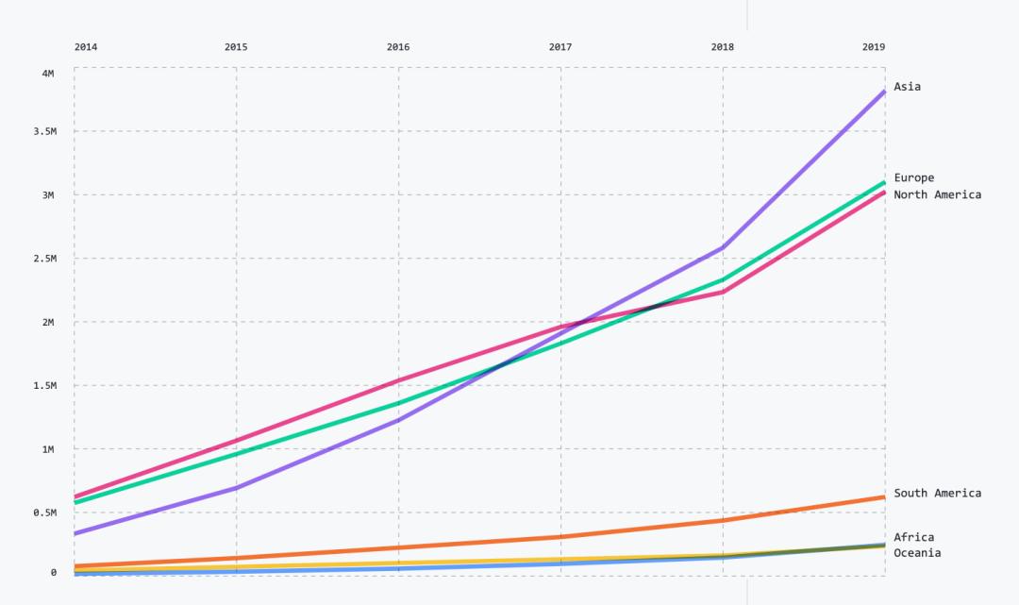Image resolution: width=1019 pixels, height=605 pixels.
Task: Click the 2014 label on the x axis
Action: tap(86, 47)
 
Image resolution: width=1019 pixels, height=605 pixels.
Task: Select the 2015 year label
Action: tap(236, 47)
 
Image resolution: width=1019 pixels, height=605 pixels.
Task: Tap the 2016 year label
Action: tap(398, 47)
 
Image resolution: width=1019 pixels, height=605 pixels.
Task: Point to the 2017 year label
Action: tap(560, 47)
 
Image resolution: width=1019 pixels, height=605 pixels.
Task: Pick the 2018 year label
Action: tap(723, 47)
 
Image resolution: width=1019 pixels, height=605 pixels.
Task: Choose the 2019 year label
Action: tap(874, 47)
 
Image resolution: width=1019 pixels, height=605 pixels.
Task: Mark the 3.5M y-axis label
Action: tap(44, 132)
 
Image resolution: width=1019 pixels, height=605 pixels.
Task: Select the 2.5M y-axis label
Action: tap(44, 259)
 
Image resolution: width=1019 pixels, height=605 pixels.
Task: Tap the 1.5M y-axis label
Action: tap(44, 386)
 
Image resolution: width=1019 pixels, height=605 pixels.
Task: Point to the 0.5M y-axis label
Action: tap(44, 513)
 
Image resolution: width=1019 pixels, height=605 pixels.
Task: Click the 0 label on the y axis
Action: tap(54, 572)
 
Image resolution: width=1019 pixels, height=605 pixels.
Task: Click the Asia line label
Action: tap(908, 87)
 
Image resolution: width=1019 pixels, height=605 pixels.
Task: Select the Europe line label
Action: tap(914, 177)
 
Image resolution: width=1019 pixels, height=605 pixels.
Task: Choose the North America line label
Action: tap(938, 194)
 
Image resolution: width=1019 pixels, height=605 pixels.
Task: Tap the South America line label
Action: tap(938, 493)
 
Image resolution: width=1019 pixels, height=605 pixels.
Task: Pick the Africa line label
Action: tap(914, 537)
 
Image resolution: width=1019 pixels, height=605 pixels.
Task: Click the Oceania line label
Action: tap(917, 552)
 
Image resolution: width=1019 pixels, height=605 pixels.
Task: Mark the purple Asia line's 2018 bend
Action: tap(723, 248)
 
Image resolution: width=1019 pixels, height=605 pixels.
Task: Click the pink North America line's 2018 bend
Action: tap(723, 292)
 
